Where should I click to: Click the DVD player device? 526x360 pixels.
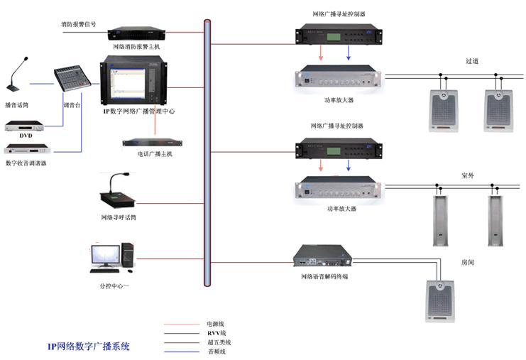[x=24, y=126]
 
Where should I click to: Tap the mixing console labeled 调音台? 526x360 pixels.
[x=72, y=78]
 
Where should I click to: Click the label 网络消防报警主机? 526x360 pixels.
[x=136, y=47]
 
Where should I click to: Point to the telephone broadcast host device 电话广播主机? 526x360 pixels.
[x=153, y=143]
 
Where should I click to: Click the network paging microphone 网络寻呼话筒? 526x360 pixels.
[x=117, y=190]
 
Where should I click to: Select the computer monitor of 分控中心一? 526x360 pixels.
[x=105, y=256]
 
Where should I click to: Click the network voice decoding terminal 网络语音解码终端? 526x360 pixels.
[x=322, y=256]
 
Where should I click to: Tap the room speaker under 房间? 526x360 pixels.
[x=440, y=301]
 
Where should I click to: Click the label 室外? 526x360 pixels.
[x=468, y=175]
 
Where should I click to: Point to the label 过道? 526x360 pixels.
[x=472, y=61]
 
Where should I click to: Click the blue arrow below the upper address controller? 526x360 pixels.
[x=349, y=53]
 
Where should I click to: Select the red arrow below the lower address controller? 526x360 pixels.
[x=321, y=165]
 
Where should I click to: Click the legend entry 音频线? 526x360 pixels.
[x=217, y=351]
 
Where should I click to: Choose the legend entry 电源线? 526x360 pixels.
[x=215, y=324]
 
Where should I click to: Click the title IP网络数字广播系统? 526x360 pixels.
[x=89, y=347]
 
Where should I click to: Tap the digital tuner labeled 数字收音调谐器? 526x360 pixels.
[x=27, y=148]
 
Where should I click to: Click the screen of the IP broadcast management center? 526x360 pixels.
[x=128, y=84]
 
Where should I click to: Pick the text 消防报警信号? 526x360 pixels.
[x=79, y=24]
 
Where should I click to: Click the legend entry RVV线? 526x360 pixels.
[x=217, y=333]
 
